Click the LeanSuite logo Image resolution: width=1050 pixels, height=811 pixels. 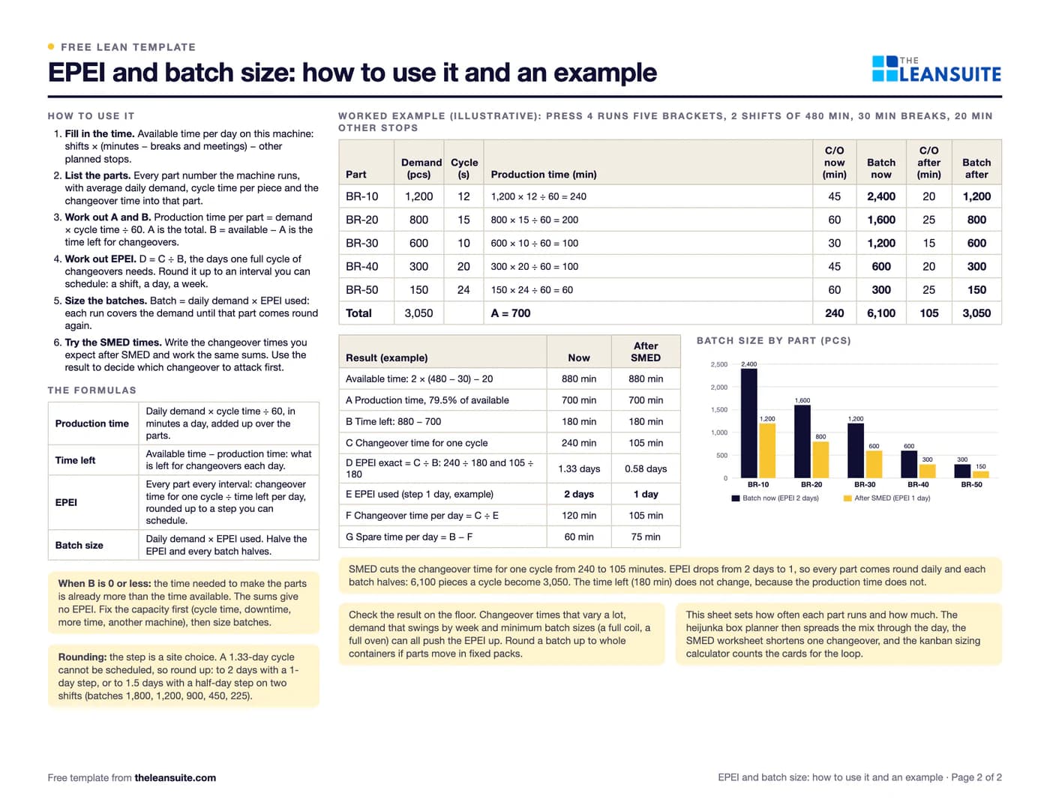pos(936,68)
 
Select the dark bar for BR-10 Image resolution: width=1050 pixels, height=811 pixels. pos(749,423)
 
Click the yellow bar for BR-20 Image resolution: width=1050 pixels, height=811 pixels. pos(820,459)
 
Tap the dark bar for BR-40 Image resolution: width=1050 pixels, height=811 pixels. pos(909,464)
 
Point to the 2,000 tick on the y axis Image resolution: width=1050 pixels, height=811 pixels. pos(718,388)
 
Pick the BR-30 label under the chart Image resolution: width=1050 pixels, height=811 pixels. pos(865,484)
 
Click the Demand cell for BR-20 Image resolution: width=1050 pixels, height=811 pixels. pos(418,220)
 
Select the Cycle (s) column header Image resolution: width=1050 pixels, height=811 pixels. pos(463,169)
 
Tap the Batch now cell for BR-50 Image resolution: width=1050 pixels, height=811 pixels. pos(881,289)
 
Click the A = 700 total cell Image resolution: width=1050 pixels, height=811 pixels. pos(510,313)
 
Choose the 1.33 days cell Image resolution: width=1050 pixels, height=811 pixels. pos(579,468)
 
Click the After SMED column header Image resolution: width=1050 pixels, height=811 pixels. pos(646,352)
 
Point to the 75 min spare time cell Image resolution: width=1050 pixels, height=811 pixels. pos(646,537)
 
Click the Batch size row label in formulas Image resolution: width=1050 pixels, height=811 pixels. pos(79,545)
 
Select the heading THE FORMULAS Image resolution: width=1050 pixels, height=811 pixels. pos(92,390)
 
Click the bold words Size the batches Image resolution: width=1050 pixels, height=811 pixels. pos(106,301)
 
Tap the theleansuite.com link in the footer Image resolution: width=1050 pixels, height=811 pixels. pos(175,778)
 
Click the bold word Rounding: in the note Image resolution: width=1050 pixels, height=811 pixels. pos(82,657)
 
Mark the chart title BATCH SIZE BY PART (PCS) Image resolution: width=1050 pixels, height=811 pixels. pos(773,340)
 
